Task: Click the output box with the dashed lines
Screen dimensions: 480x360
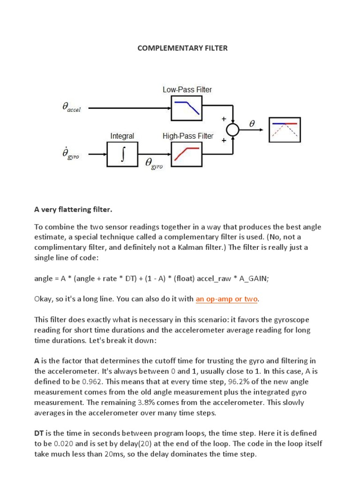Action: [285, 129]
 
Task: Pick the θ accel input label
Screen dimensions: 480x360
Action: [71, 108]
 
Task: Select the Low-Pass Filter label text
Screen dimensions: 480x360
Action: [187, 90]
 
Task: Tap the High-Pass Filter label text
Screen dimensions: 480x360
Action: [188, 136]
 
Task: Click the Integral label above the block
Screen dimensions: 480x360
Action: [122, 136]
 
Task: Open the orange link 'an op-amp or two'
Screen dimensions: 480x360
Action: [227, 299]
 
